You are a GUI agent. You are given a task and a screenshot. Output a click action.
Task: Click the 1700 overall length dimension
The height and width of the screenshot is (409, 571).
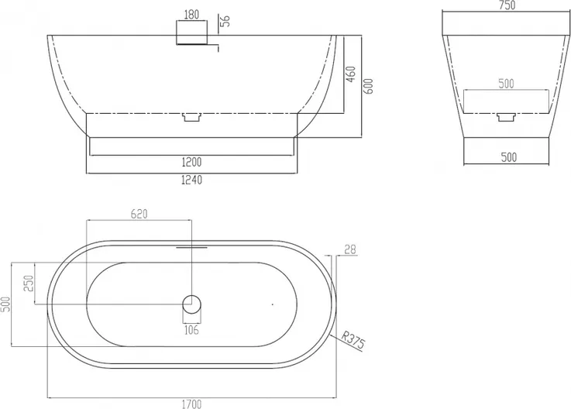click(191, 404)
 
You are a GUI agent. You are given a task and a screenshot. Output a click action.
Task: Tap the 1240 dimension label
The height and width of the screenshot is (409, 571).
click(191, 180)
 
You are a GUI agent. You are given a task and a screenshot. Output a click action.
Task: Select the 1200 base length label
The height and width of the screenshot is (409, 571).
click(191, 162)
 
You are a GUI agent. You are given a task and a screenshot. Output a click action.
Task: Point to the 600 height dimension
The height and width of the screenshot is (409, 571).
click(369, 86)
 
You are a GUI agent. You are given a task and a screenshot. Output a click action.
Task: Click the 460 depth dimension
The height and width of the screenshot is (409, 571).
click(350, 74)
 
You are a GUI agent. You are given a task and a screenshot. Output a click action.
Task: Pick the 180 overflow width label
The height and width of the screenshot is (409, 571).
click(191, 14)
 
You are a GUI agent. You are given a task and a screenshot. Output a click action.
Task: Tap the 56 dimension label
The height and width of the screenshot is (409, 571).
click(226, 21)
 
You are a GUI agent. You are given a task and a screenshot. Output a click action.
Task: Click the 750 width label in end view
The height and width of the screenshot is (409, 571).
click(507, 5)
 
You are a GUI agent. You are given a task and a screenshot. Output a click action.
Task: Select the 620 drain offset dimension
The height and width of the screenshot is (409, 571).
click(139, 214)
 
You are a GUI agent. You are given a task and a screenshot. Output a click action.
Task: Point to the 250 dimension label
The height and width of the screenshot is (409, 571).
click(29, 284)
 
